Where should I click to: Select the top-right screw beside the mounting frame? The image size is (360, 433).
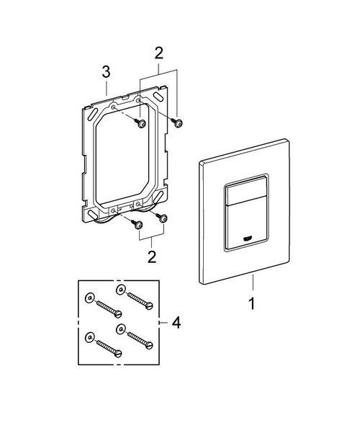178,125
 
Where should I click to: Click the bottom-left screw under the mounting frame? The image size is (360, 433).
136,225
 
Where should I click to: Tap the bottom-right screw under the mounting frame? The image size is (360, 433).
163,218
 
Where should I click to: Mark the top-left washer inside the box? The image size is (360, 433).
89,297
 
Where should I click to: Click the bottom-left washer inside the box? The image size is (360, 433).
89,336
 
